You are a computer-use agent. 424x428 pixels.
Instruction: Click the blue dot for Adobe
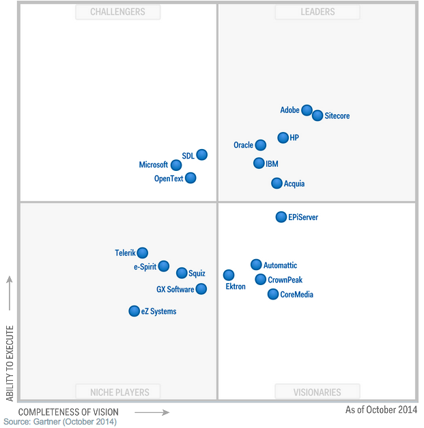pos(307,110)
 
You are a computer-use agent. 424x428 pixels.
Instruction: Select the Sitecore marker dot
pos(317,116)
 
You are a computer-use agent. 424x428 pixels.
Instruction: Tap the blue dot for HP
pos(283,137)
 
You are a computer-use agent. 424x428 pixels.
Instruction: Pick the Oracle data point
pos(260,145)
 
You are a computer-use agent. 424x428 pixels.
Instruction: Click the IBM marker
pos(259,163)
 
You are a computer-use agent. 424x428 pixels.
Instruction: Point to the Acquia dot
pos(277,183)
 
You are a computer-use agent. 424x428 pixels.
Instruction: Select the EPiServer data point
pos(281,217)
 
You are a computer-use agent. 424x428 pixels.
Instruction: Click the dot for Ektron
pos(229,275)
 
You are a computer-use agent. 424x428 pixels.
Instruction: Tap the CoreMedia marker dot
pos(273,294)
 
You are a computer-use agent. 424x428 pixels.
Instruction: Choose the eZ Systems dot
pos(134,311)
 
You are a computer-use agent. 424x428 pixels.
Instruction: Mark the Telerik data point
pos(142,253)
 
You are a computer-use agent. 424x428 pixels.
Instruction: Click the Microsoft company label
pos(153,165)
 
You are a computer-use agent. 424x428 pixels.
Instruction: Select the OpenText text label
pos(169,178)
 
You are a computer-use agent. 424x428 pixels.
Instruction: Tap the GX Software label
pos(175,289)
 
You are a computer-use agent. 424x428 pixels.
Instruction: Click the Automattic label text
pos(280,265)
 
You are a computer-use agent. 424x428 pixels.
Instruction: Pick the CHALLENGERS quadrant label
pos(118,12)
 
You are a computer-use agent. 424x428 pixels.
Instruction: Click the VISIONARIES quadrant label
pos(317,392)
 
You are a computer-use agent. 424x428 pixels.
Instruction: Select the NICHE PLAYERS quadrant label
pos(118,392)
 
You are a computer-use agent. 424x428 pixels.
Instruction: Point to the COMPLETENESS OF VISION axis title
pos(68,412)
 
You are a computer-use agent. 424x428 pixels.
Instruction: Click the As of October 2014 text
pos(381,410)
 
